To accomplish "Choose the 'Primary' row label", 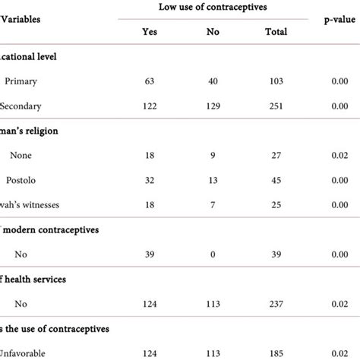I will (22, 80).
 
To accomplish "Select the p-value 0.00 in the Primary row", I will (339, 80).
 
